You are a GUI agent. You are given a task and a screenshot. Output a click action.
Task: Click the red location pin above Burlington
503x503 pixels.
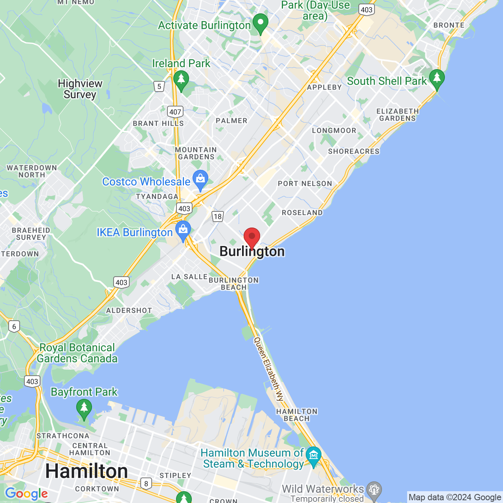[x=252, y=237]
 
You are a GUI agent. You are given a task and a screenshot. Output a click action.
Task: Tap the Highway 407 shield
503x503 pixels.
[x=175, y=112]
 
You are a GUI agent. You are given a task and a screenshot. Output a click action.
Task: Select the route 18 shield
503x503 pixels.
[x=218, y=216]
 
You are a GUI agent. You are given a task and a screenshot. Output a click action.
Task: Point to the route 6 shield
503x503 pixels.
[x=14, y=326]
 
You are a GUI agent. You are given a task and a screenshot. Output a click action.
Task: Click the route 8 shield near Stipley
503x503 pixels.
[x=146, y=483]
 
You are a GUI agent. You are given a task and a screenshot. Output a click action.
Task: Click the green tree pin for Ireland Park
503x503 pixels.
[x=181, y=80]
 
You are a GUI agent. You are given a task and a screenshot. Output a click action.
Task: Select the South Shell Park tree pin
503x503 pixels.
[x=437, y=79]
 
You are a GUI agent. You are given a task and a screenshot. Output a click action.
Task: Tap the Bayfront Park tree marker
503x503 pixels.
[x=84, y=408]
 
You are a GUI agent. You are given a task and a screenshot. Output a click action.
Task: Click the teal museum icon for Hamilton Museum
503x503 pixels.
[x=313, y=456]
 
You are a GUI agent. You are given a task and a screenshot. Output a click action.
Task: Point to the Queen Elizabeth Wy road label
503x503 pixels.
[x=269, y=369]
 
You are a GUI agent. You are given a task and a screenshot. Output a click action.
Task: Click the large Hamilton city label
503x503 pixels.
[x=86, y=471]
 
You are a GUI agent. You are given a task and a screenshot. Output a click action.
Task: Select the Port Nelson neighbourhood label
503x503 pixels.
[x=305, y=184]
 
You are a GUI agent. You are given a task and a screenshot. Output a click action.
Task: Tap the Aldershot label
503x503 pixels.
[x=129, y=310]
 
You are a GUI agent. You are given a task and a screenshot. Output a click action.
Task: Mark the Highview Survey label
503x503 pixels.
[x=80, y=89]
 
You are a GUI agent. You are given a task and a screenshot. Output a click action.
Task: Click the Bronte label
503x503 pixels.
[x=449, y=25]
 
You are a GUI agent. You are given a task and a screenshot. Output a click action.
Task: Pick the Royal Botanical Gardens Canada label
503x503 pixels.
[x=77, y=353]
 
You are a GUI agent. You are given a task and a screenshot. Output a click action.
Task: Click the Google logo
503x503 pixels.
[x=26, y=494]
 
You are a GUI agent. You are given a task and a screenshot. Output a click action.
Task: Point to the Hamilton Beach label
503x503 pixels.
[x=297, y=415]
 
